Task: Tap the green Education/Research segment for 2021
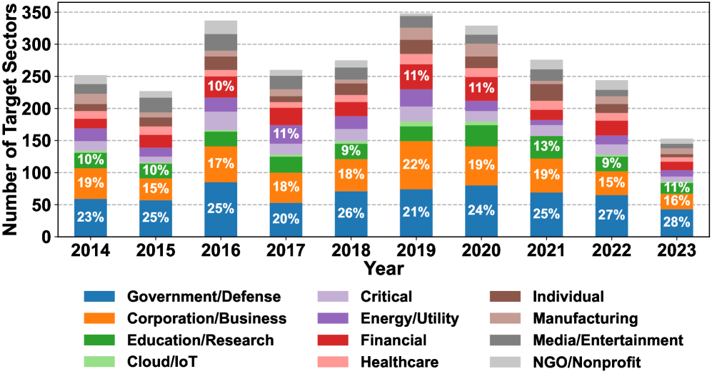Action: (x=546, y=147)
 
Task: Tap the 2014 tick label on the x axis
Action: (x=90, y=252)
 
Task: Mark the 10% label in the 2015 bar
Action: (x=155, y=171)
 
